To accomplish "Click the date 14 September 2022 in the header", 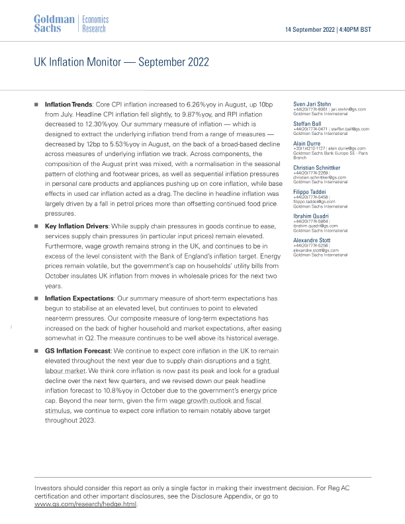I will click(309, 30).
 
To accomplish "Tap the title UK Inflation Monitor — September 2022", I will click(121, 62).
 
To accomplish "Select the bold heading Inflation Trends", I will click(68, 105).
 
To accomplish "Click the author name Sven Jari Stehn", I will click(313, 104).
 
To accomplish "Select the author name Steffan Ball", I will click(308, 122).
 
